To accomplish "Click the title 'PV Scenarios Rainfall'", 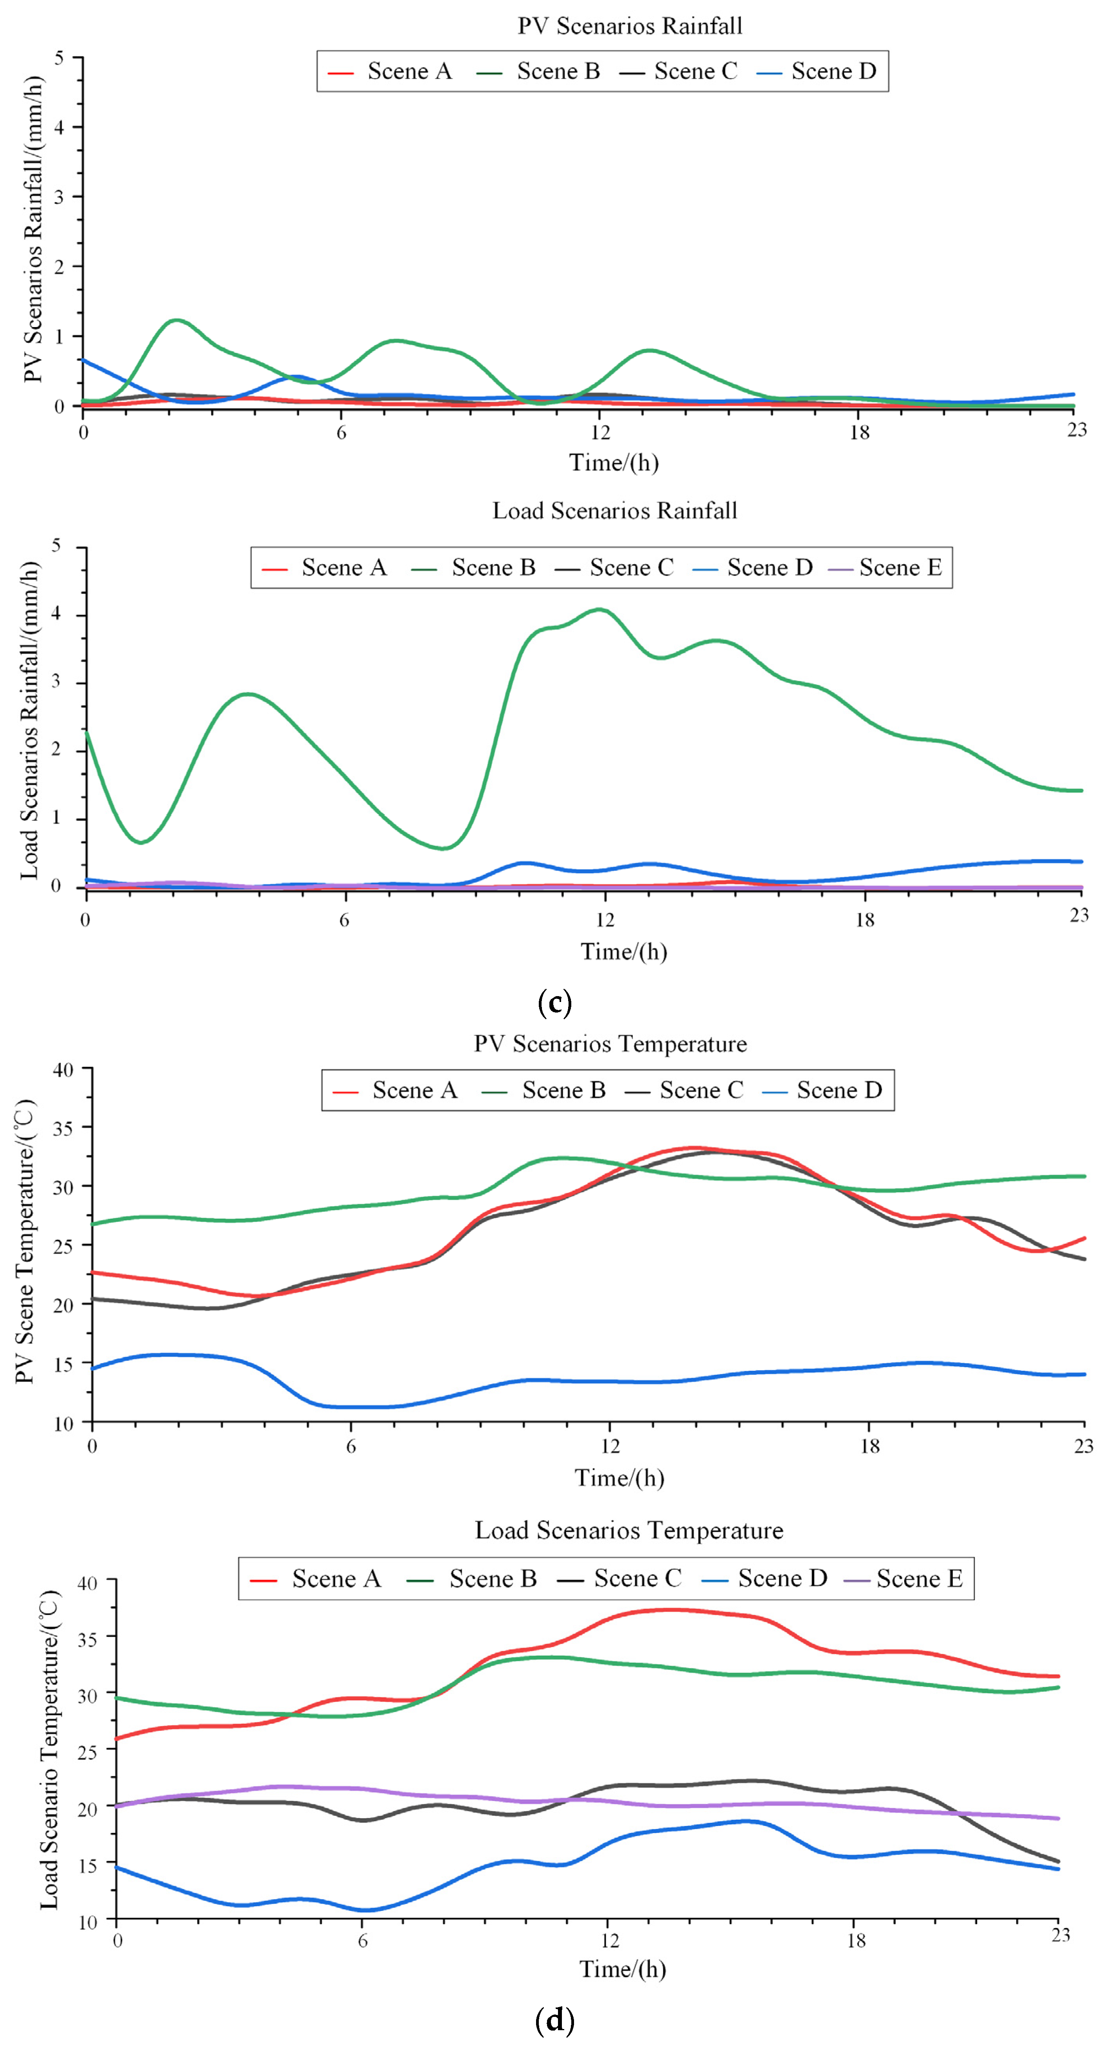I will pyautogui.click(x=630, y=26).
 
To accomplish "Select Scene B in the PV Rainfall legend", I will pyautogui.click(x=558, y=72).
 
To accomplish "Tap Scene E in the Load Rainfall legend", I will pyautogui.click(x=900, y=567).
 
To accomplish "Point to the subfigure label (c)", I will pyautogui.click(x=554, y=1003).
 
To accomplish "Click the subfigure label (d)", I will pyautogui.click(x=554, y=2019).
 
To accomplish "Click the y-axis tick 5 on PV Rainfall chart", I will pyautogui.click(x=59, y=57).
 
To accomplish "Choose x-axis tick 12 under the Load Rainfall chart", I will pyautogui.click(x=605, y=920).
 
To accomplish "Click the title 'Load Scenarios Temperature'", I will pyautogui.click(x=629, y=1531).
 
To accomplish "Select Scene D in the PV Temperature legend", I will pyautogui.click(x=839, y=1090).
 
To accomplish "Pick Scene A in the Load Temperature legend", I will pyautogui.click(x=335, y=1578).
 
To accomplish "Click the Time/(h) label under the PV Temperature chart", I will pyautogui.click(x=619, y=1478).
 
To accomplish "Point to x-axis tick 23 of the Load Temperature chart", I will pyautogui.click(x=1060, y=1934).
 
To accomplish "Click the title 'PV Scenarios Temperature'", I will pyautogui.click(x=610, y=1043).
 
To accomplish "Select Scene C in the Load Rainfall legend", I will pyautogui.click(x=631, y=567).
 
